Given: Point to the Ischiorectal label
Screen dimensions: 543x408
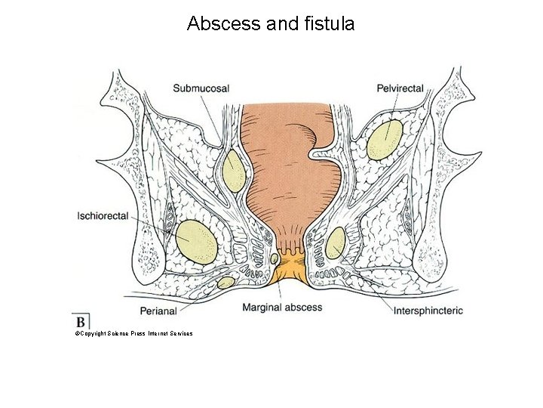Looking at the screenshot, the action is (x=103, y=216).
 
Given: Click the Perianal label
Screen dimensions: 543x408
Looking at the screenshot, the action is (x=158, y=310).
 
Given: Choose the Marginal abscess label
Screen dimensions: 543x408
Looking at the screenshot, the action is (x=282, y=308).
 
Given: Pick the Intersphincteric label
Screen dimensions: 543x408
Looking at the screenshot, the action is (x=428, y=310).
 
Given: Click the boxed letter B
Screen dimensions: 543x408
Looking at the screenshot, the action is (x=81, y=320).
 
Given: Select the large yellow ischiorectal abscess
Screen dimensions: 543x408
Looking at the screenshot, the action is (x=196, y=242).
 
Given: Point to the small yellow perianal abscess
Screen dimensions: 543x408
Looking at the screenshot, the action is (x=225, y=283).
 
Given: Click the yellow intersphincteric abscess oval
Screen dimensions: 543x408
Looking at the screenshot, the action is (x=335, y=243).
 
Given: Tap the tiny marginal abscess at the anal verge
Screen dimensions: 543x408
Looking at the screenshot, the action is (x=275, y=259).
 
